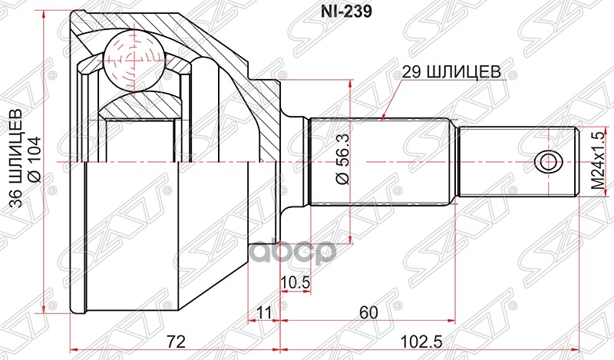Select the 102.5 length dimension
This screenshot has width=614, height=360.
click(x=418, y=339)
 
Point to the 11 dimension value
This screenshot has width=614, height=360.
click(x=265, y=312)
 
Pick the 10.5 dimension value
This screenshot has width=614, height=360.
click(x=295, y=282)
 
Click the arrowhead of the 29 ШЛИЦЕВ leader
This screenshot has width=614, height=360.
click(x=384, y=118)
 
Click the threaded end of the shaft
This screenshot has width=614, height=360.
click(x=518, y=162)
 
